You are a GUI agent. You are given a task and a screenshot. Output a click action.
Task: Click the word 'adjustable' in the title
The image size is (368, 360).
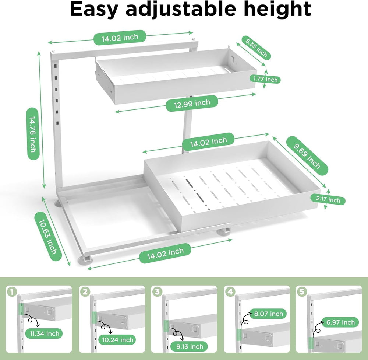tap(181, 10)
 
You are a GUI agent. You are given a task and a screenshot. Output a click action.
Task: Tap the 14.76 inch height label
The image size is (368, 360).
tap(33, 134)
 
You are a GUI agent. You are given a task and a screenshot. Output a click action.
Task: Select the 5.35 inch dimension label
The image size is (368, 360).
tap(256, 48)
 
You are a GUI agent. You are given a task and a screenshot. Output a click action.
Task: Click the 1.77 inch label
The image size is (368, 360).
tap(265, 79)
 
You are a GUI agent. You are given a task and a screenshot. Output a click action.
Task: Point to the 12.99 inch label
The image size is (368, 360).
tap(192, 104)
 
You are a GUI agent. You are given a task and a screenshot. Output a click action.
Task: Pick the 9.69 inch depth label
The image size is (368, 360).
tap(307, 156)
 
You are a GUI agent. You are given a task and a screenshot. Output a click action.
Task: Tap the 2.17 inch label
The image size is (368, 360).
tap(328, 199)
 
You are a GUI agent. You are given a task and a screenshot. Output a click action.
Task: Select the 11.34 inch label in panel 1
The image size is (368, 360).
tap(45, 333)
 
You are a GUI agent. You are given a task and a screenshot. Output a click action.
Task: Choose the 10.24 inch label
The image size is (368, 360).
tap(117, 340)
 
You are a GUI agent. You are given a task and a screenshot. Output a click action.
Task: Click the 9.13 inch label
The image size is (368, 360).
tap(190, 346)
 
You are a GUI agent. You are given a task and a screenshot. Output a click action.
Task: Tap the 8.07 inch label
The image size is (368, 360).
tap(268, 314)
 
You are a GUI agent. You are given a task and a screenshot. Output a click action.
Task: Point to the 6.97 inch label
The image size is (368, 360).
tap(340, 322)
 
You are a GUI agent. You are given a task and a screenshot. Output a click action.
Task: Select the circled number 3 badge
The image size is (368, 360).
tap(157, 292)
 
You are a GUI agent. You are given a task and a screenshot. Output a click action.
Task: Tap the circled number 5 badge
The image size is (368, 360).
tap(302, 292)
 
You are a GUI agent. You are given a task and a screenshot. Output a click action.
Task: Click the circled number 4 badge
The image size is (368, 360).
tap(230, 292)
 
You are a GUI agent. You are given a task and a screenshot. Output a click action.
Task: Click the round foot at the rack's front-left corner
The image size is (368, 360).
tap(85, 261)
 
